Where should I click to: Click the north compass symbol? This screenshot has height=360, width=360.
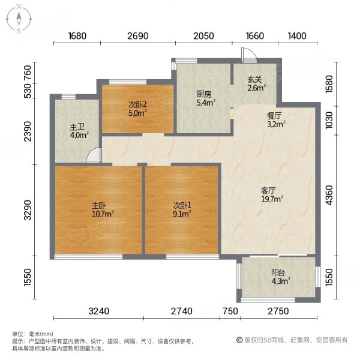pos(19,18)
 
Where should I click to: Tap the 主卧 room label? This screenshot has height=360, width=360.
pos(91,204)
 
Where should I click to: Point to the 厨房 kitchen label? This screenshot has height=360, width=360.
pos(203,94)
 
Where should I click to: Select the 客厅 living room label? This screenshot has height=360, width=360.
pos(268,190)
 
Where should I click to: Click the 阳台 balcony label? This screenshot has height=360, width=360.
pos(277,272)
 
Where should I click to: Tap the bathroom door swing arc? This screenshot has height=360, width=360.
pos(94,157)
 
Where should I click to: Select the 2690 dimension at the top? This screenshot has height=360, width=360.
pos(137,36)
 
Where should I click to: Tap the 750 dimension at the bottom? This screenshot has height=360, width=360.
pos(229,311)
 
